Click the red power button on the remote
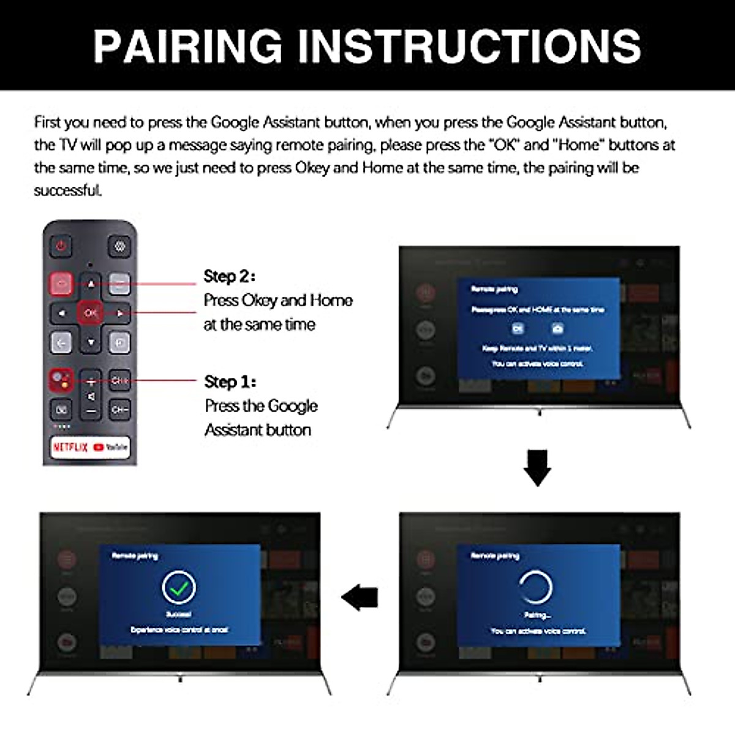(x=61, y=246)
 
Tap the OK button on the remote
(x=91, y=313)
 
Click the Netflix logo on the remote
(x=70, y=447)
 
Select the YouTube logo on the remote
(x=111, y=447)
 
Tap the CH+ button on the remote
(x=119, y=380)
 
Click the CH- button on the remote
(x=119, y=409)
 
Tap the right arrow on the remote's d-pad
(x=120, y=313)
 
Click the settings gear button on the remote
(x=119, y=246)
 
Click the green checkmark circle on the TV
(x=179, y=588)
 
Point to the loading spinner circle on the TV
(x=537, y=587)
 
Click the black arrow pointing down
(x=537, y=469)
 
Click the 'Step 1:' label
(x=230, y=382)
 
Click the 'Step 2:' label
(x=229, y=276)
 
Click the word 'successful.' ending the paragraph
(x=68, y=190)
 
